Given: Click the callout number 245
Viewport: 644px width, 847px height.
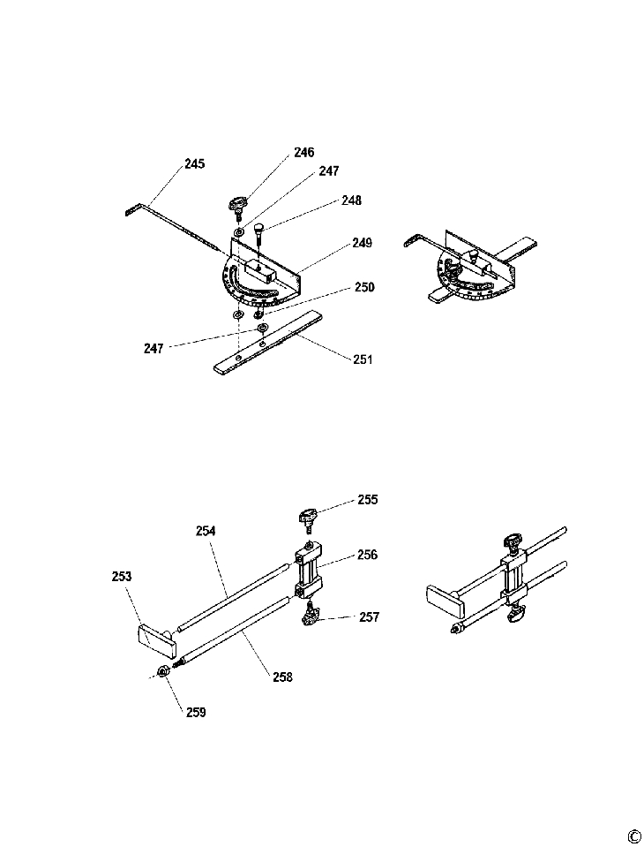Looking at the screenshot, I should point(194,163).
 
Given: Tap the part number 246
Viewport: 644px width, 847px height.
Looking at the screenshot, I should point(303,152).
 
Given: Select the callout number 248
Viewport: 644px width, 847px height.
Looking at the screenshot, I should point(351,200).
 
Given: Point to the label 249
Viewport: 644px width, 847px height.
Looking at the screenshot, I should point(362,242).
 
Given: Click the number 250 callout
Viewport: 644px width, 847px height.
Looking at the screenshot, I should point(364,287).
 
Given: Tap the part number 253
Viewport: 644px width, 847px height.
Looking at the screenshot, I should point(122,577).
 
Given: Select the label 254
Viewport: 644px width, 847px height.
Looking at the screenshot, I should point(206,531).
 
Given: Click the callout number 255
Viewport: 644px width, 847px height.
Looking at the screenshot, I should point(368,499).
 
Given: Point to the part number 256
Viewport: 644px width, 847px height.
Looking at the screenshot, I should point(367,555).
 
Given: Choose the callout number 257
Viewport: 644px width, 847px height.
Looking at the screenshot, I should point(369,616).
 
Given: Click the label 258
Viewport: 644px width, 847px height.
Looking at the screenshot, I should point(282,677).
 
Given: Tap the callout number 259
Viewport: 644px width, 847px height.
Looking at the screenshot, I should point(196,711).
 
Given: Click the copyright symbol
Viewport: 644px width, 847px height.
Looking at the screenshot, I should point(633,837).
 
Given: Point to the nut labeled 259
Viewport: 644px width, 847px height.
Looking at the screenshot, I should point(162,674).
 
